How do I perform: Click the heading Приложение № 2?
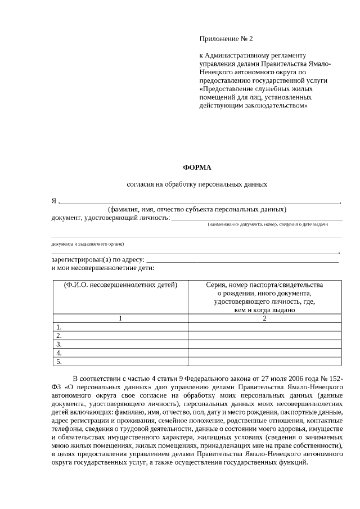pos(227,39)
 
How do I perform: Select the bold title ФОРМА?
pos(196,167)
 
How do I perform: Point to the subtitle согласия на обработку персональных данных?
pos(196,184)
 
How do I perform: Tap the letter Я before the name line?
pos(54,201)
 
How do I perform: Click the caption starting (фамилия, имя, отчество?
pos(197,210)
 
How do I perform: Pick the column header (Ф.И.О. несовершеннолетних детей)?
pos(120,285)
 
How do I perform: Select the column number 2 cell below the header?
pos(264,318)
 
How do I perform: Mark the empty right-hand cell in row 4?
pos(264,353)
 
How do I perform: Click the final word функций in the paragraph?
pos(295,462)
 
